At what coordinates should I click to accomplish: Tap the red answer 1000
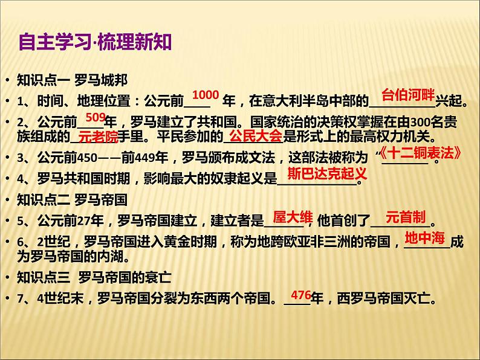[x=205, y=95]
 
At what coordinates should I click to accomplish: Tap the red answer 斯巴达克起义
[x=326, y=174]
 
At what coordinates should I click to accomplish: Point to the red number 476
[x=300, y=295]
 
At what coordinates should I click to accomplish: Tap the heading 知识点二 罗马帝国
[x=72, y=198]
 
